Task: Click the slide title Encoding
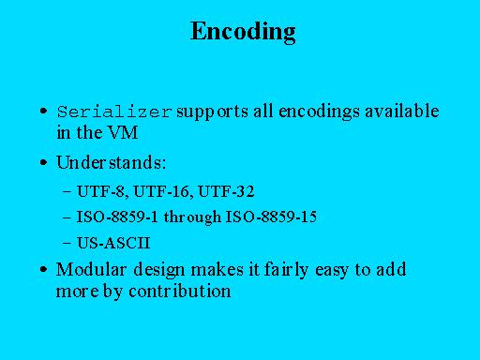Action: coord(243,32)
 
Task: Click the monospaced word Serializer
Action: coord(114,112)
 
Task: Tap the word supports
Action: coord(212,112)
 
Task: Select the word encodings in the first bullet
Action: coord(319,112)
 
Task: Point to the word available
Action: coord(402,111)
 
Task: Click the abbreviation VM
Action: coord(123,132)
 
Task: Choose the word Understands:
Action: coord(111,162)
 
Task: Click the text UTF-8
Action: coord(102,191)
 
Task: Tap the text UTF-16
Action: coord(162,191)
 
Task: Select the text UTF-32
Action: coord(226,191)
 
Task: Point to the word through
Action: coord(192,217)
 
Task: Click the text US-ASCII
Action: coord(113,243)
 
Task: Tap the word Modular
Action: coord(91,269)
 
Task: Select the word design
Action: coord(159,270)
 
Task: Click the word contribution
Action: coord(180,291)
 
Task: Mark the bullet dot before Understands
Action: coord(44,162)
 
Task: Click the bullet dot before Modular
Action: coord(44,269)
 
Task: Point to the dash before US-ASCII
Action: coord(67,243)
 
